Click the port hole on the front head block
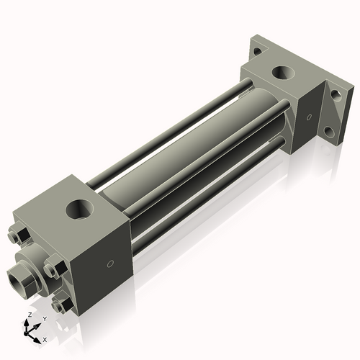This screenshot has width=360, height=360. pos(79,210)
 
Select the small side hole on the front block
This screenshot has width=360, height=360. pos(110,264)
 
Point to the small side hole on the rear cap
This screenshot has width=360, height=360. pos(310,117)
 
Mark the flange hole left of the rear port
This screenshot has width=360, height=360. pos(256,51)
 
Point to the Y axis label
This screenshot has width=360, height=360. pos(44,318)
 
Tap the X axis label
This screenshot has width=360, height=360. pos(45,338)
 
